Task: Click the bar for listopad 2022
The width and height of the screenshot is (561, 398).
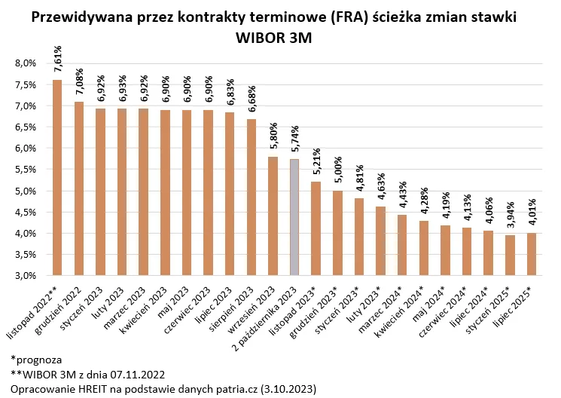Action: (x=57, y=177)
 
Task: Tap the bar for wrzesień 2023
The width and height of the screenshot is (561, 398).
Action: (x=273, y=216)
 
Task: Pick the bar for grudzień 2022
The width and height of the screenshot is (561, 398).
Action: (x=79, y=188)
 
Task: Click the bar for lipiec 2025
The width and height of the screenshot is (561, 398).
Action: (x=532, y=254)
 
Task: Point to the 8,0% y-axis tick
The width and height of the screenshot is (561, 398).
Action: (x=26, y=63)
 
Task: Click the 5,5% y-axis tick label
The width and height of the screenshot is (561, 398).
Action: (x=26, y=170)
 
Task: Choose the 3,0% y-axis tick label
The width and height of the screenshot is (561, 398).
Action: (x=26, y=276)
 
